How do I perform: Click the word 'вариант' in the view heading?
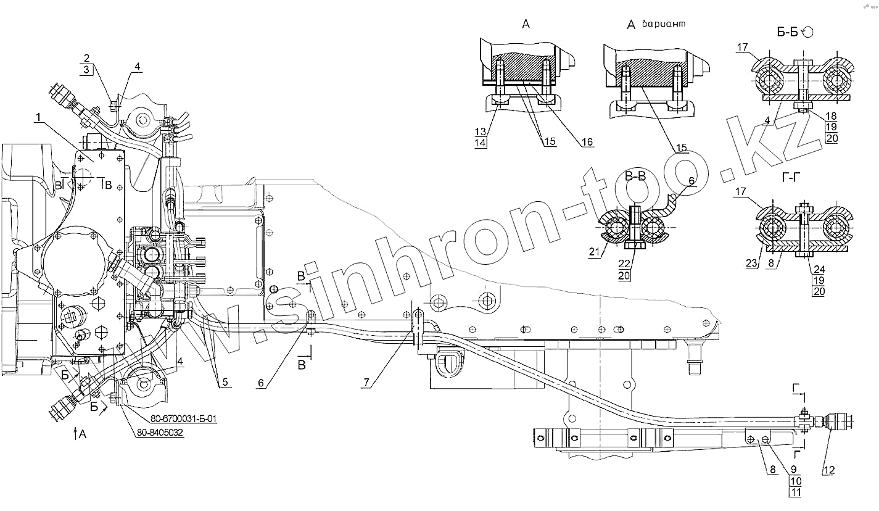pyautogui.click(x=664, y=25)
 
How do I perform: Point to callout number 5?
pyautogui.click(x=224, y=383)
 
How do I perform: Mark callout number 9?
pyautogui.click(x=793, y=468)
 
